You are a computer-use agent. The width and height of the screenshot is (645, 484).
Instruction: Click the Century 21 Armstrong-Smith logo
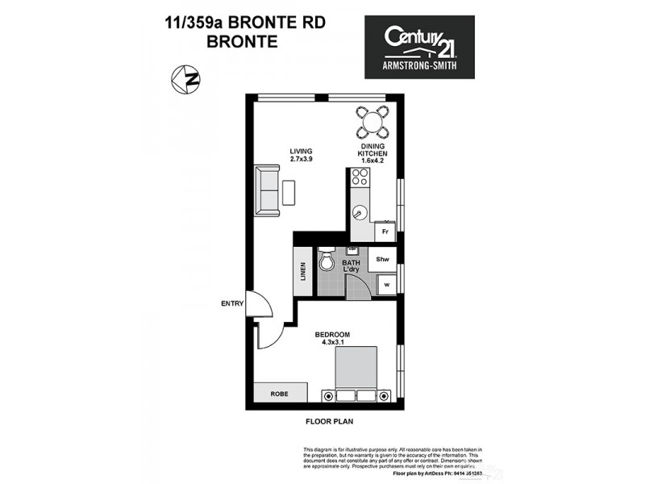419,47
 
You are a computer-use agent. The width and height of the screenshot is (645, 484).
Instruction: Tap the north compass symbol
187,79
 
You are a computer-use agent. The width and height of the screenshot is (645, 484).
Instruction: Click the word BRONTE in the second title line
242,41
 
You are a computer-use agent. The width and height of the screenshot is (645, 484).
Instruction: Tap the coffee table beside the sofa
289,192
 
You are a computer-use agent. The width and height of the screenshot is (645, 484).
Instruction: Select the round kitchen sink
360,214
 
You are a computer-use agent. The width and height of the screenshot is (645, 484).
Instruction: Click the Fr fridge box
385,230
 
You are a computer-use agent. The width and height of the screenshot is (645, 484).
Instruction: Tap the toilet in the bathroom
327,261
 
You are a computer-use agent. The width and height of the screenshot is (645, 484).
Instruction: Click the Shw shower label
383,260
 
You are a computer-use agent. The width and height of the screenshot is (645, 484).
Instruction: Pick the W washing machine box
386,285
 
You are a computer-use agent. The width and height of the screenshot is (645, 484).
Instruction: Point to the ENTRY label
231,304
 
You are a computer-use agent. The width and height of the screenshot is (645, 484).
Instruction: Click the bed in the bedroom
356,372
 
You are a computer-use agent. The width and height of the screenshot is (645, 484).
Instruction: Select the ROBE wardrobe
279,394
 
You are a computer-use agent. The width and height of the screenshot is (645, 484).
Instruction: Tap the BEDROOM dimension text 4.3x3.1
332,342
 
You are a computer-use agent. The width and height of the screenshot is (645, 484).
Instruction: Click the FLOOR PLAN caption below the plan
329,421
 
